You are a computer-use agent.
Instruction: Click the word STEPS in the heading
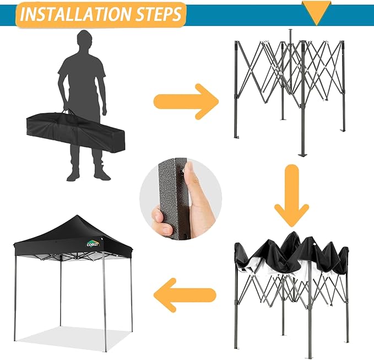(x=159, y=15)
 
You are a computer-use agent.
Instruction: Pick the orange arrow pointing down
(x=291, y=197)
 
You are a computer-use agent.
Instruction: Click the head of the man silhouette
(x=84, y=42)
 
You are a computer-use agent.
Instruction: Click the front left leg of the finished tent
(x=15, y=298)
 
